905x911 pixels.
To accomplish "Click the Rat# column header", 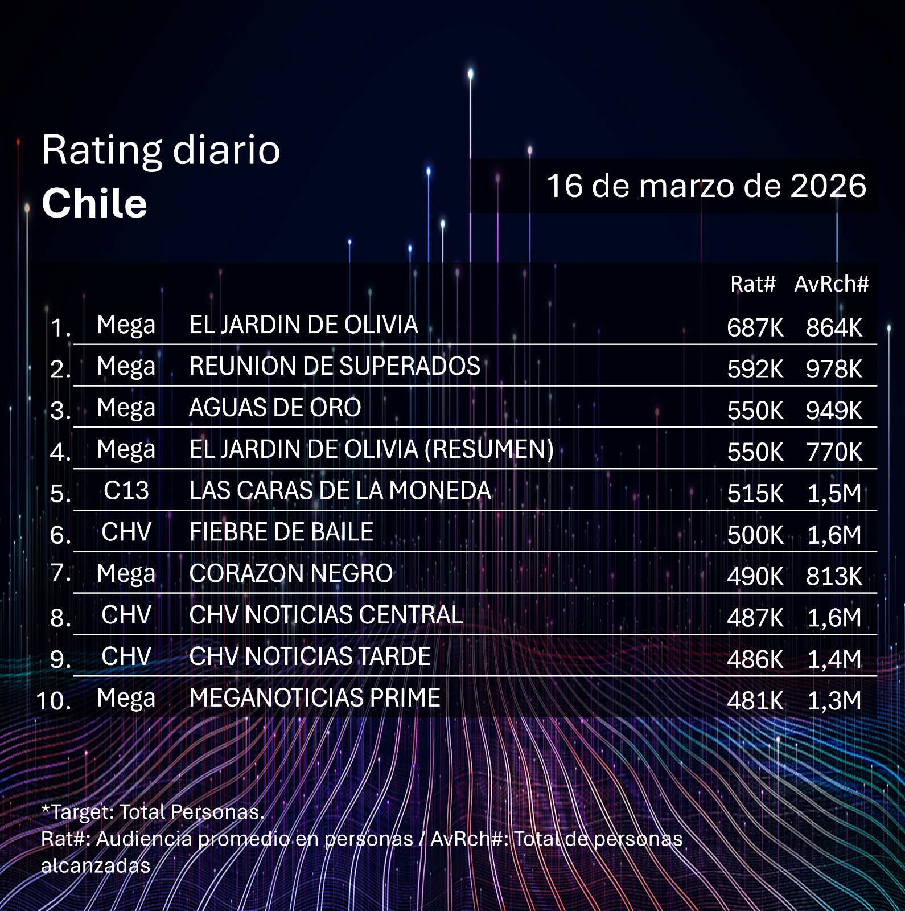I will (x=752, y=284).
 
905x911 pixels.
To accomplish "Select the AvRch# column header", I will (x=832, y=284).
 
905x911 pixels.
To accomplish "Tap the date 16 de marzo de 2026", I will (x=706, y=186).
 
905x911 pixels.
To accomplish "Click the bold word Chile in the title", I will (x=94, y=203).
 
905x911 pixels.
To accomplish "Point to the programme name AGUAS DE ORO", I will (x=275, y=408).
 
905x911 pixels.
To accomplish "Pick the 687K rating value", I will (x=755, y=327).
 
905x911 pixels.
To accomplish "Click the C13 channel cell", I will (x=126, y=491).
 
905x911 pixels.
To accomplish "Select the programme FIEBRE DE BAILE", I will (x=281, y=532).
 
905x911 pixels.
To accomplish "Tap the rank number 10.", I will (x=54, y=700).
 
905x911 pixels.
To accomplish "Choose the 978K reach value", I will (x=834, y=369).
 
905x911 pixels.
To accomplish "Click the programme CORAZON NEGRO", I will (x=291, y=573).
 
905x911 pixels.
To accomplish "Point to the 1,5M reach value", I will (x=834, y=494).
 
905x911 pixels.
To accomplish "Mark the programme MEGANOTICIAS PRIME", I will (x=315, y=698).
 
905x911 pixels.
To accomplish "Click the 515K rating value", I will (x=755, y=494).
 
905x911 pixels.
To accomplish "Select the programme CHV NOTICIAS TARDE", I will (x=310, y=656).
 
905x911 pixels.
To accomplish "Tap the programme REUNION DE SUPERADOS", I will (x=335, y=366).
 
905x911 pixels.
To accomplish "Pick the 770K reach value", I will (x=834, y=452).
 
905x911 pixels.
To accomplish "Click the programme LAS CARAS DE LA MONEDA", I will (x=340, y=491).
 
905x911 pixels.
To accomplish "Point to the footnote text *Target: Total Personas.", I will (x=153, y=811).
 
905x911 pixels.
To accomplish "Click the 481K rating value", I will (x=755, y=701).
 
